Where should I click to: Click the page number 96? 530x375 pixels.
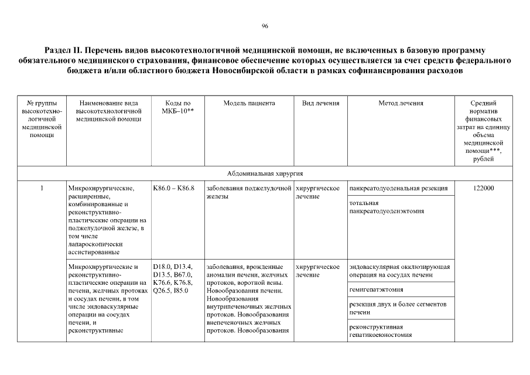(265, 26)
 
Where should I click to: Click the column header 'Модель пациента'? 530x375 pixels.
(249, 103)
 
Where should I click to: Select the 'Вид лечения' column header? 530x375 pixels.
(320, 103)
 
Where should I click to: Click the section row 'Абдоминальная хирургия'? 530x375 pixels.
(265, 173)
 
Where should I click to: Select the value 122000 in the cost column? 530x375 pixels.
(483, 188)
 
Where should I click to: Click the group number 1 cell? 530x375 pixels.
(42, 188)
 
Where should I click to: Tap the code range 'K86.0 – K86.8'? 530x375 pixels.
(173, 188)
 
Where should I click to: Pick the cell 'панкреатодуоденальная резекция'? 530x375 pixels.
(398, 188)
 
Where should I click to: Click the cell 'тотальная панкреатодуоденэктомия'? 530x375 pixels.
(387, 207)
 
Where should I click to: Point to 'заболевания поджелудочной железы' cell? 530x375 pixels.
(249, 192)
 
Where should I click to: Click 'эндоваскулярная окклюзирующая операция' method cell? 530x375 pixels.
(399, 271)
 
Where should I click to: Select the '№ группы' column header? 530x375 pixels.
(42, 103)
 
